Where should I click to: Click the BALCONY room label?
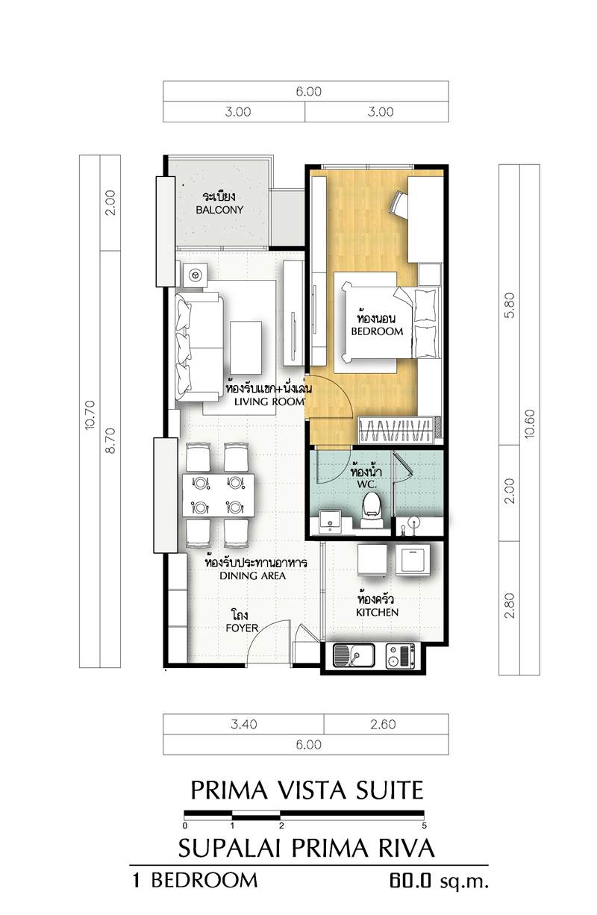219,210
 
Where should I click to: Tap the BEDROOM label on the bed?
377,331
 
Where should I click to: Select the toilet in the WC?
371,510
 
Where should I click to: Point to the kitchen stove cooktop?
400,656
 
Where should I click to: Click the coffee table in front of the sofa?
246,348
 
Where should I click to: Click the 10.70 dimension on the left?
90,415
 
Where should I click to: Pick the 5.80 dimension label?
509,305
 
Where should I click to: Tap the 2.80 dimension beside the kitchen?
509,606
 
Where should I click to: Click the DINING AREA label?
252,576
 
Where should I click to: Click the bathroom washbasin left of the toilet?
331,521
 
